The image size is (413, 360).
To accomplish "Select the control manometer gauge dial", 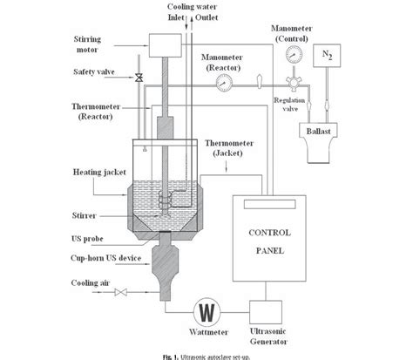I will (298, 52).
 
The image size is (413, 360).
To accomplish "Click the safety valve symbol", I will (139, 79).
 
